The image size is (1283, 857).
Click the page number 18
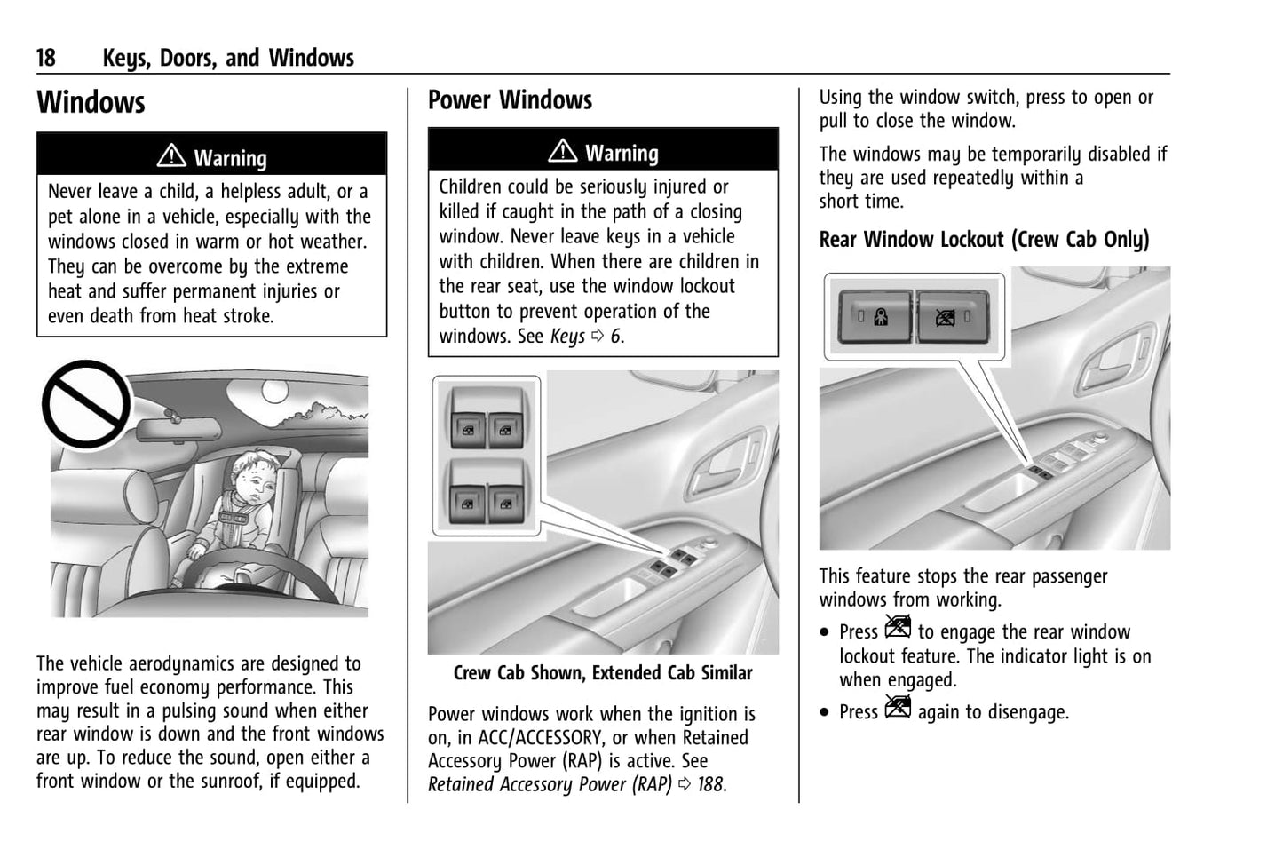[45, 59]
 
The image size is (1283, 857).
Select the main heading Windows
[91, 102]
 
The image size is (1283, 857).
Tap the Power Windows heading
[510, 100]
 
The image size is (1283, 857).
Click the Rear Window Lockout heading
[984, 240]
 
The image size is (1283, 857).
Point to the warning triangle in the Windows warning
[170, 156]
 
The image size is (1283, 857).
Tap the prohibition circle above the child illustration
[86, 404]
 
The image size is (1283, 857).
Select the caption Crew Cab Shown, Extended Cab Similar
[603, 673]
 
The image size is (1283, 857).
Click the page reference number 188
[710, 784]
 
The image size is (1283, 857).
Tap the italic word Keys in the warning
[567, 337]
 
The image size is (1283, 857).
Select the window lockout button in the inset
[949, 317]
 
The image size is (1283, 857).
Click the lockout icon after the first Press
[898, 628]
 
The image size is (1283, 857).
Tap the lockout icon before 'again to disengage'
[898, 708]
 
